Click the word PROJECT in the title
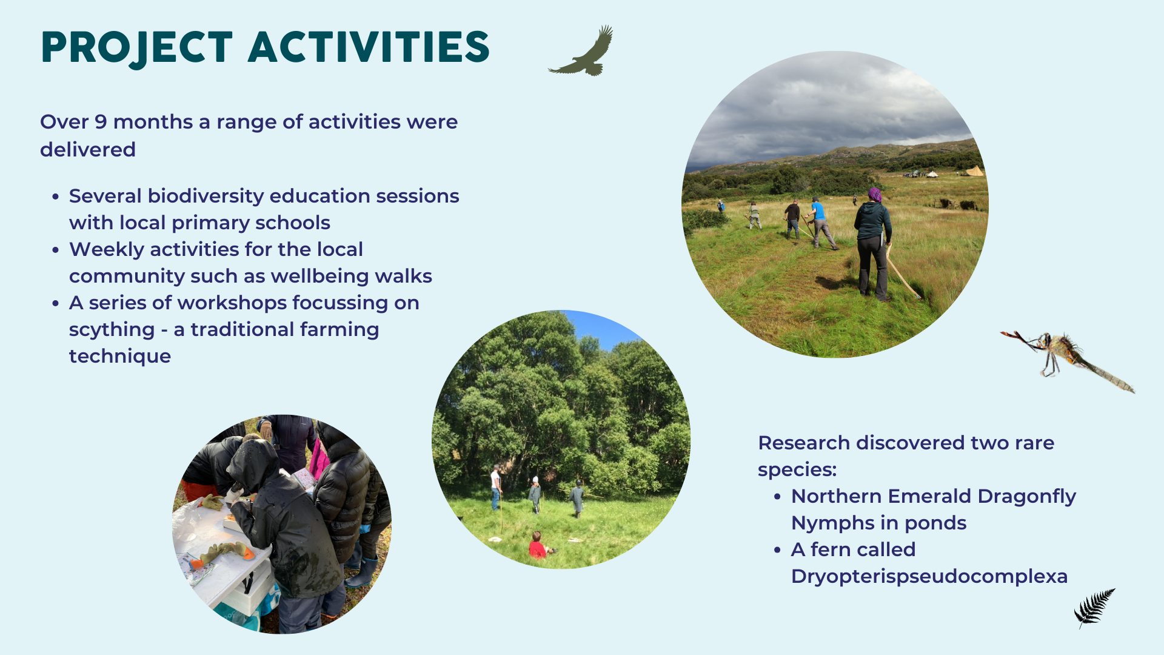click(x=137, y=48)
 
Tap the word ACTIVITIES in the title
click(x=369, y=47)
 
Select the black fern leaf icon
click(x=1094, y=608)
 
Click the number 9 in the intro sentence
click(x=101, y=122)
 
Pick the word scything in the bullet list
click(x=112, y=330)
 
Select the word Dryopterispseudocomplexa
click(x=929, y=576)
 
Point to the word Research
click(x=804, y=443)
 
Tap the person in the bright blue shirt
click(x=821, y=224)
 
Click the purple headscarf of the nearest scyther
click(x=874, y=194)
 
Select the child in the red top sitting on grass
click(x=537, y=545)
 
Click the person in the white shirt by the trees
click(x=496, y=487)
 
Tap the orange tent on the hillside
click(x=974, y=171)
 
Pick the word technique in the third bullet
click(x=120, y=357)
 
